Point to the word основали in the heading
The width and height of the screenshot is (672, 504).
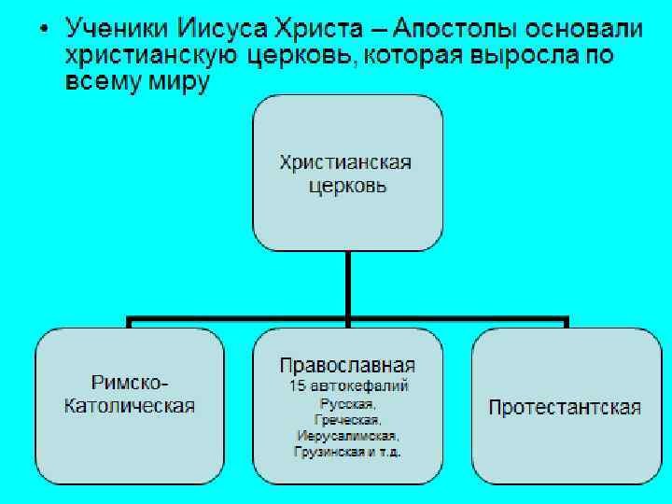585,29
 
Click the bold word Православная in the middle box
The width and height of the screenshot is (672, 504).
347,365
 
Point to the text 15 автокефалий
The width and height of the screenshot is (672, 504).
347,385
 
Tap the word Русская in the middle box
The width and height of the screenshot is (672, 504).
346,403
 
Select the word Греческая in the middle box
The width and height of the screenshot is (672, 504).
347,419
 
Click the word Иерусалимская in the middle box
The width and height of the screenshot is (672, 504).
347,436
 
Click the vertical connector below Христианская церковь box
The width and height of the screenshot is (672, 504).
347,285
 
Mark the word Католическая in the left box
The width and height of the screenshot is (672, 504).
130,405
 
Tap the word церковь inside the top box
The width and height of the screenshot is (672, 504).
347,186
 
